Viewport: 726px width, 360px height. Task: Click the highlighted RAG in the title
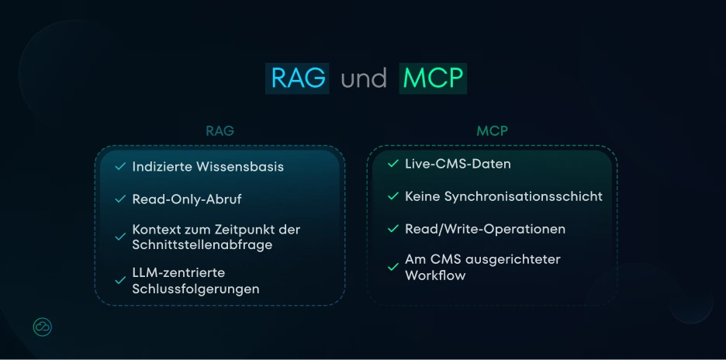297,78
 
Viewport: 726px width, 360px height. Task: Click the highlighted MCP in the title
433,78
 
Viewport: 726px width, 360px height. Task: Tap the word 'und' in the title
364,79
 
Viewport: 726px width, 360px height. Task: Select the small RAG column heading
220,131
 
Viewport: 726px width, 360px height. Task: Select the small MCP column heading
492,131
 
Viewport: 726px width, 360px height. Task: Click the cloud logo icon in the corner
43,327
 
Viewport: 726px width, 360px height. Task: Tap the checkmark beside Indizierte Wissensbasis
120,167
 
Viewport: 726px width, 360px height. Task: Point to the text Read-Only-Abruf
187,199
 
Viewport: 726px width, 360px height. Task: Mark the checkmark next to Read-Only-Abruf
120,199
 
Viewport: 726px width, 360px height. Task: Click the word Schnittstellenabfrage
202,245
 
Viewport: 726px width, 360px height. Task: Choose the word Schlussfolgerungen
195,289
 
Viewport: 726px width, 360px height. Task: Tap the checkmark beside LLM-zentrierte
120,280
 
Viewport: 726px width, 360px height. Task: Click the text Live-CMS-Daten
458,164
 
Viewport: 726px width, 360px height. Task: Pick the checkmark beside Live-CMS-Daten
393,164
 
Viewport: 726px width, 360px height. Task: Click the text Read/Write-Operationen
485,230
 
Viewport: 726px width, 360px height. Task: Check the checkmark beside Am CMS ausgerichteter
393,267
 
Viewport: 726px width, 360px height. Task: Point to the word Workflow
435,275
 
